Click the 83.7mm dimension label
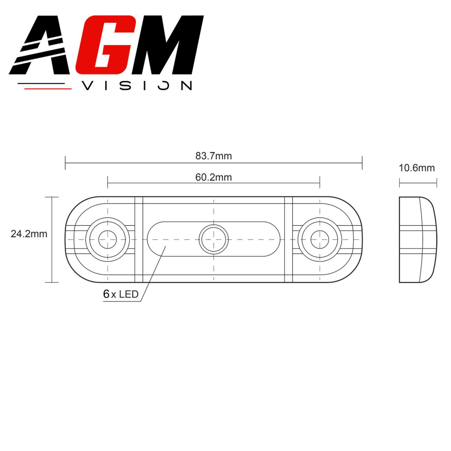pyautogui.click(x=213, y=156)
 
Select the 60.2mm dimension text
pyautogui.click(x=213, y=177)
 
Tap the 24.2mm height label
pyautogui.click(x=29, y=234)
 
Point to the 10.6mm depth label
pyautogui.click(x=416, y=168)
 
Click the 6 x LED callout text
pyautogui.click(x=121, y=294)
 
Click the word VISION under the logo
pyautogui.click(x=137, y=86)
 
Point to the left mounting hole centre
pyautogui.click(x=107, y=239)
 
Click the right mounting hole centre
pyautogui.click(x=320, y=239)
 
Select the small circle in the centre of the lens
pyautogui.click(x=213, y=239)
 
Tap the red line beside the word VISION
pyautogui.click(x=47, y=89)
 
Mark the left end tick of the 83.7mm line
pyautogui.click(x=65, y=163)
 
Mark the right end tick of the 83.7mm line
pyautogui.click(x=362, y=163)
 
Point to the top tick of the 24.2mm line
pyautogui.click(x=52, y=197)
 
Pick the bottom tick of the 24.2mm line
pyautogui.click(x=52, y=282)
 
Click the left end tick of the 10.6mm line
pyautogui.click(x=400, y=183)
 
